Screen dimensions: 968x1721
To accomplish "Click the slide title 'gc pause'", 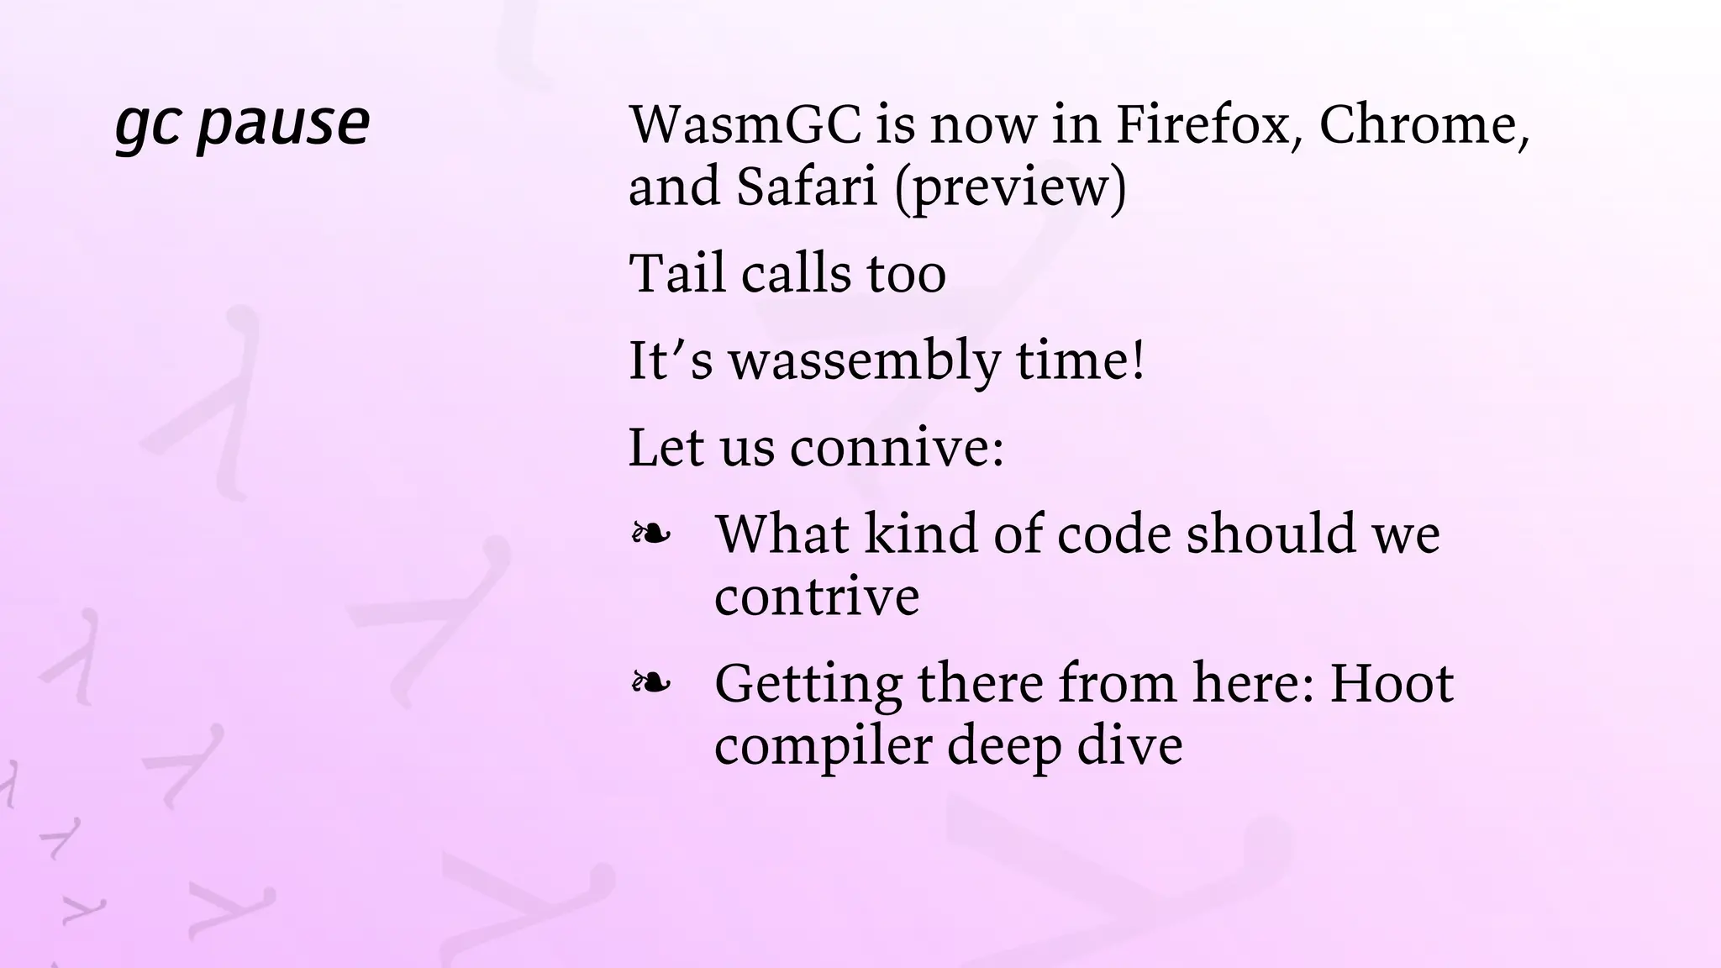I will (x=242, y=124).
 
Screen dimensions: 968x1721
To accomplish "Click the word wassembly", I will (x=864, y=361).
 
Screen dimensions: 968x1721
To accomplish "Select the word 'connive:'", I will (x=897, y=447).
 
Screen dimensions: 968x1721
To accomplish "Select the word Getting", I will (x=808, y=684).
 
